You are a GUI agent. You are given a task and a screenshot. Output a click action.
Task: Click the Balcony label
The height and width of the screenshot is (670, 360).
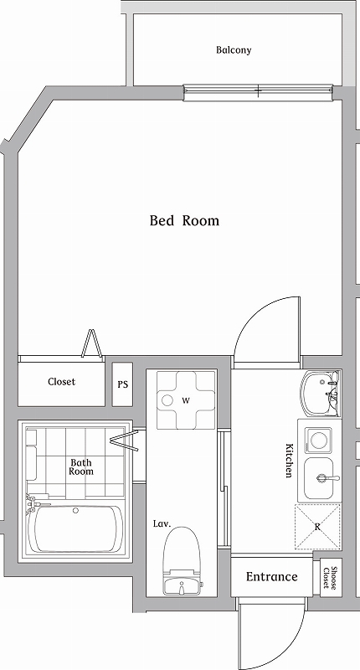click(234, 50)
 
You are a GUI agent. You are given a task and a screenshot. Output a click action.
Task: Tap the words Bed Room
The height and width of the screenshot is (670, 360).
click(184, 220)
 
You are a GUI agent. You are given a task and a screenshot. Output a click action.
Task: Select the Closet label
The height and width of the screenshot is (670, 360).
click(61, 382)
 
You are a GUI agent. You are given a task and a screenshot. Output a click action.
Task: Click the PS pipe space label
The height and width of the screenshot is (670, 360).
click(122, 384)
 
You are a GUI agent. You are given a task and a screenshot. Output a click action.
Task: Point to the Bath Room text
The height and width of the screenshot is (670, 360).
click(81, 466)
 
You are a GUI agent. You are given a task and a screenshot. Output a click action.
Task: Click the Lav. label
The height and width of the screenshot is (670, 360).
click(162, 523)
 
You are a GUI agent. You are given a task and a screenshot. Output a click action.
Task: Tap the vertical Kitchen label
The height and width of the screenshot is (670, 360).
click(289, 460)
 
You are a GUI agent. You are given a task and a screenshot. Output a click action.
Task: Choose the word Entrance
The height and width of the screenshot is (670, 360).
click(271, 577)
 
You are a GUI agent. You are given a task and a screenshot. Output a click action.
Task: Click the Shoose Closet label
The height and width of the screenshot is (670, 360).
click(331, 578)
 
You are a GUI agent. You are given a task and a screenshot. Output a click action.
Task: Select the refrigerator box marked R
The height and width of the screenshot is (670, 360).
click(318, 527)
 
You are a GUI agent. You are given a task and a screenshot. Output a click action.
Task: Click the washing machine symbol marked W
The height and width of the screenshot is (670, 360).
click(185, 400)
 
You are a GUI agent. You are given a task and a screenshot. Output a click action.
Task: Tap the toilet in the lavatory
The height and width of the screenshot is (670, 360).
click(182, 560)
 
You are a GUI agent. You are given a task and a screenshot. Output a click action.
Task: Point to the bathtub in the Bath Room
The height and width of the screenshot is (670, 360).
click(76, 528)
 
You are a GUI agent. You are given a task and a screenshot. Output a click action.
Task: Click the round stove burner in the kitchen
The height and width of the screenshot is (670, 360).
click(319, 441)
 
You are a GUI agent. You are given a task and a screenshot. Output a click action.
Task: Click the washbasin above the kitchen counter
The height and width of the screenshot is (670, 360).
click(321, 394)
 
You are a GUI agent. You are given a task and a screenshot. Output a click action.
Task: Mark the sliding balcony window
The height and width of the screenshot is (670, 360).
click(258, 93)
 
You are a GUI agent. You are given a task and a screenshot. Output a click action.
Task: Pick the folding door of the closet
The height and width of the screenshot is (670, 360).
click(92, 343)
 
